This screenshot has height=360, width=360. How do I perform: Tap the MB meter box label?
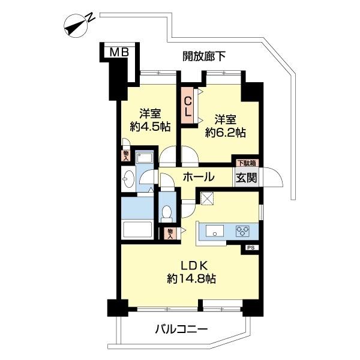click(119, 53)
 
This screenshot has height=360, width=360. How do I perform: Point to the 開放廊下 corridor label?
click(204, 56)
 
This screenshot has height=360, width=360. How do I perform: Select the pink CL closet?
click(188, 106)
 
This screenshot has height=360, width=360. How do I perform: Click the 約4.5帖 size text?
click(150, 127)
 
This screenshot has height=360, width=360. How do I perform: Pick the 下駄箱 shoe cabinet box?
click(244, 161)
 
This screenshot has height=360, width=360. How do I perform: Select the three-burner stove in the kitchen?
click(244, 231)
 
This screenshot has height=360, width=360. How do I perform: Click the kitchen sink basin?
click(215, 231)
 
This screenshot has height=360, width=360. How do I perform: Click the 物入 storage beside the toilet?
click(170, 233)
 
